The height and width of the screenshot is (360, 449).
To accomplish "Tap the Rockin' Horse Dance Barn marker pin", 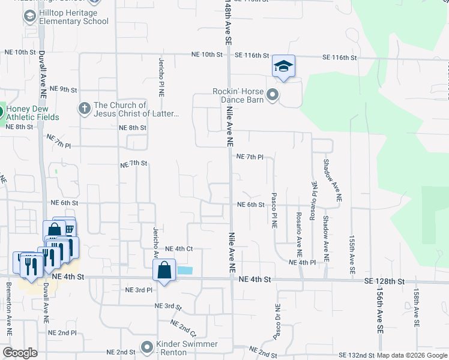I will (x=273, y=95).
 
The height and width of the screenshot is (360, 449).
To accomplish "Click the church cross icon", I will (x=85, y=109).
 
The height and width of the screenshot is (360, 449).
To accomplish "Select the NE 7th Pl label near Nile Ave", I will (x=250, y=157).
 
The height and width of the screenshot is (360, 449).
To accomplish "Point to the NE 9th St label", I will (x=64, y=89).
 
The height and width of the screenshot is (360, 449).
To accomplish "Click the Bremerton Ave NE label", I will (x=10, y=317).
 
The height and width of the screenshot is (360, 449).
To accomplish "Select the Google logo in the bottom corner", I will (x=20, y=353).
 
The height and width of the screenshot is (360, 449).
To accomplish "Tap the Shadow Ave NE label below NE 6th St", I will (x=326, y=238).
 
